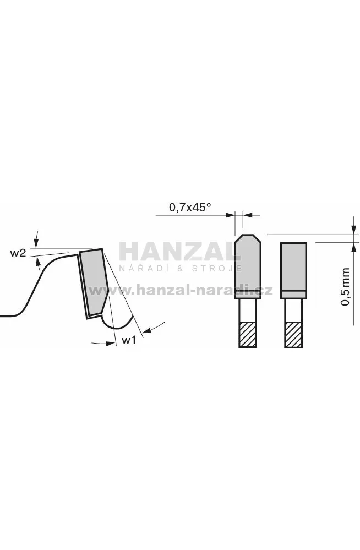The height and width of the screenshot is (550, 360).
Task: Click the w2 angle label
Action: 18,253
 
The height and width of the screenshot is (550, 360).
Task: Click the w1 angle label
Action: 129,340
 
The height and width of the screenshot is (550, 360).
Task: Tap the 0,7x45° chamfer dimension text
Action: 190,208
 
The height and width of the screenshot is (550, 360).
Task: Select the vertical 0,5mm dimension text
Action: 346,287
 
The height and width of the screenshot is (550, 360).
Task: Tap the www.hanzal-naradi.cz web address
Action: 181,291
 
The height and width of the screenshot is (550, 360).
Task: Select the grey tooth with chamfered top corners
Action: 247,266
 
